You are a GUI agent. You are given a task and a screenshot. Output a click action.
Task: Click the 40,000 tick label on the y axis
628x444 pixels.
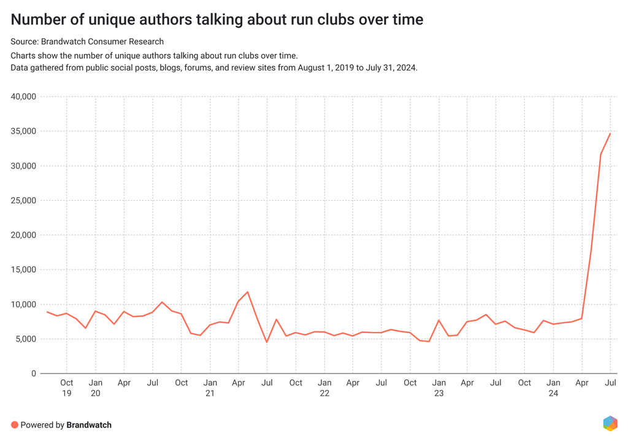coord(23,97)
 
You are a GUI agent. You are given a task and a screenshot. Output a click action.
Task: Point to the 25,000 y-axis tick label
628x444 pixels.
coord(23,200)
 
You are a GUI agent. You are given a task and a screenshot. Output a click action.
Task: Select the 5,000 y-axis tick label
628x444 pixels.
coord(26,339)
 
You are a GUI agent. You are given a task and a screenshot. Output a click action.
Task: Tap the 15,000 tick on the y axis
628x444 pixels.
coord(23,269)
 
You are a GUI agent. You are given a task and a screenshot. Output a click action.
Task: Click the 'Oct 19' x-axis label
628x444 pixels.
coord(66,388)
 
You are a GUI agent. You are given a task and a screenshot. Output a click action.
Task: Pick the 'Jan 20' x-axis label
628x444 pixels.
coord(95,388)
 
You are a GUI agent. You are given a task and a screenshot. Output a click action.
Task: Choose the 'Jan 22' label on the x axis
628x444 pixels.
coord(324,388)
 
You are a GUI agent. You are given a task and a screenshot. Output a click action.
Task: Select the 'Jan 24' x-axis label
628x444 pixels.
coord(553,388)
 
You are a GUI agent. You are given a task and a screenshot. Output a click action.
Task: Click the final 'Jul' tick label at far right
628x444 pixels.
coord(610,383)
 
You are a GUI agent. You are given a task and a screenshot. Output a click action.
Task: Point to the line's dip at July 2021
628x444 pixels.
coord(267,342)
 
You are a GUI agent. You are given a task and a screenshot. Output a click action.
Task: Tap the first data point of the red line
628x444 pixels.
coord(47,312)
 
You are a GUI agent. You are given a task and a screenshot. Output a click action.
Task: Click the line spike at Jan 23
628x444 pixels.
coord(438,320)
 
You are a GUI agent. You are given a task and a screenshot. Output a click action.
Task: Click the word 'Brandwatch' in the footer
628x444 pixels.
coord(89,425)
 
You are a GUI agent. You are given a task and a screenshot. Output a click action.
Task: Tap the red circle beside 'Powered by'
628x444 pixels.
coord(14,425)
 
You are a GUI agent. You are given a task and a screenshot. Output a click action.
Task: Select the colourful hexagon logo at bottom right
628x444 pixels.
coord(610,423)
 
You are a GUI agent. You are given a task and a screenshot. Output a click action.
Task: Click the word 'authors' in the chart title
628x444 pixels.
coord(144,20)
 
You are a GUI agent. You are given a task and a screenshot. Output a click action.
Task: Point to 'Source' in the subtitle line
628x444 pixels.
coord(24,42)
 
